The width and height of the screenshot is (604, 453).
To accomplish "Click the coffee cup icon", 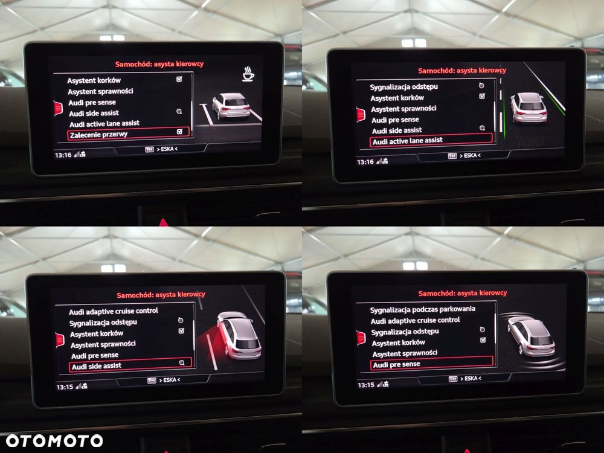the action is point(248,74).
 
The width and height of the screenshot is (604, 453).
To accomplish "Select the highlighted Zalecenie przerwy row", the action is point(128,133).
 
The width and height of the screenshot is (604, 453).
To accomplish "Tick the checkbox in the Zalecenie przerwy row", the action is point(179,132).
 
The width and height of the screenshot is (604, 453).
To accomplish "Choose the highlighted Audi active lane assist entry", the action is point(431,141).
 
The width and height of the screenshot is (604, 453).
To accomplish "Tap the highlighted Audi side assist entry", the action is point(130,365).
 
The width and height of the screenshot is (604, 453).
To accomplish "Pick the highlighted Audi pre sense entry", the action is point(431,363).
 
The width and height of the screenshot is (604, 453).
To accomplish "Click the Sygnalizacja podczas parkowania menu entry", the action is point(423,309).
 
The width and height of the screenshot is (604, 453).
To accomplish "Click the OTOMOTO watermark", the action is point(54,441).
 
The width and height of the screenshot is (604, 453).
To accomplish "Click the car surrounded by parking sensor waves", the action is point(532,336).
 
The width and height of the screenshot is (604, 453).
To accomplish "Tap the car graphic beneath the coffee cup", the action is point(231,106).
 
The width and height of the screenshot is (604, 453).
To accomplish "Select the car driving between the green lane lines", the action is point(528,108).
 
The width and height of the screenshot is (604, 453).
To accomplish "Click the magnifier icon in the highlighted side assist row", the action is point(182,362).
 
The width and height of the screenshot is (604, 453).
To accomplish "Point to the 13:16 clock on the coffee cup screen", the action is point(63,155).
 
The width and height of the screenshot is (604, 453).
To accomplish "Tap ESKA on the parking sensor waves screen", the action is point(471,379).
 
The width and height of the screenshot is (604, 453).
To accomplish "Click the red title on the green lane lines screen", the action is point(462,71).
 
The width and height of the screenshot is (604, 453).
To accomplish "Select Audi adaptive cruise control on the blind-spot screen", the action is point(114,311).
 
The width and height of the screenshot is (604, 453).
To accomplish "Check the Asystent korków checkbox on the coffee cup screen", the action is point(179,79).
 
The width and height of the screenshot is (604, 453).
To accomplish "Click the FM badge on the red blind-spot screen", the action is point(152,381).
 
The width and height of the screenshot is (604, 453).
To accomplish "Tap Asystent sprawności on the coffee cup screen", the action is point(100,91).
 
